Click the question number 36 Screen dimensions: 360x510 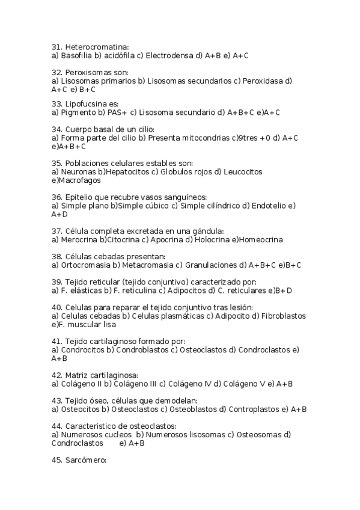(x=57, y=197)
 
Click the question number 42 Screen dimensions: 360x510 (x=57, y=375)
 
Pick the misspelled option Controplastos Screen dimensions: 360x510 (x=254, y=409)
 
